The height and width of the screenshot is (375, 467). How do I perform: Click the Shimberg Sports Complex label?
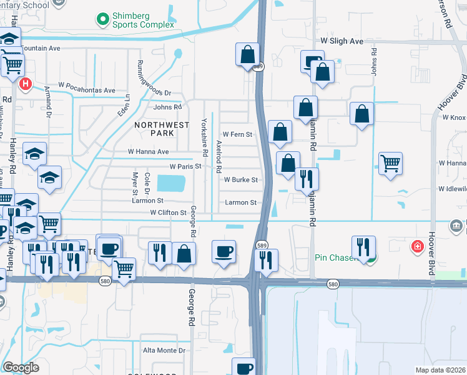click(x=144, y=20)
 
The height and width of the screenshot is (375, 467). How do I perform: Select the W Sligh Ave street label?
click(x=342, y=41)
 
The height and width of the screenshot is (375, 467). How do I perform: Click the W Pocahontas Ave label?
click(x=87, y=91)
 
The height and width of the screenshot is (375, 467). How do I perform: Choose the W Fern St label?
click(x=237, y=134)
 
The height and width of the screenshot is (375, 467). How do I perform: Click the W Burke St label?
click(x=240, y=180)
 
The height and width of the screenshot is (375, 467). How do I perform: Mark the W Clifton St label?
click(x=168, y=213)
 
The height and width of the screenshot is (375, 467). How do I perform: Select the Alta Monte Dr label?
click(x=164, y=351)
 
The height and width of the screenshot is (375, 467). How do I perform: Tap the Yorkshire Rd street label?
click(x=204, y=137)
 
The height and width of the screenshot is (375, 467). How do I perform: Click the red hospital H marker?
click(x=26, y=84)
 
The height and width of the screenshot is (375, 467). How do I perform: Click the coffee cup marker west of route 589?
click(x=224, y=251)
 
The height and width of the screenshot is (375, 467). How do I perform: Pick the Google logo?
click(x=21, y=367)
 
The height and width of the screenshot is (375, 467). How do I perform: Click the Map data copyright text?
click(x=441, y=370)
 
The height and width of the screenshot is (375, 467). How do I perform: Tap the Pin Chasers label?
click(x=337, y=258)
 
